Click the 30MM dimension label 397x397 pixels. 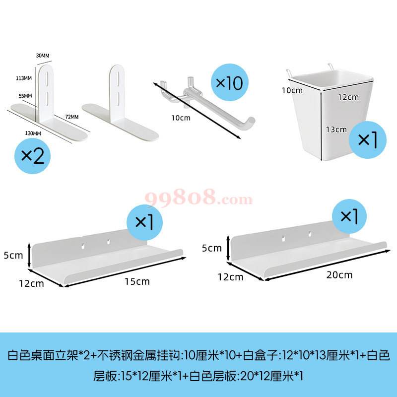coord(43,56)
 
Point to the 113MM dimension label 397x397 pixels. coord(24,78)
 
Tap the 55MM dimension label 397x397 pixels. coord(25,96)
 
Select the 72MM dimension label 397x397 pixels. coord(72,117)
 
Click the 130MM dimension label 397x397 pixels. coord(33,133)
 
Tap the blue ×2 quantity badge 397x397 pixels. coord(32,156)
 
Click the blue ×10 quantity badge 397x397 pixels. coord(230,82)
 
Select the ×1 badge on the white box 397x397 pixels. coord(368,140)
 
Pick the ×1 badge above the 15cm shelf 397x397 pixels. coord(144,222)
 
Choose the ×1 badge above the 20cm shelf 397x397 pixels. coord(349,216)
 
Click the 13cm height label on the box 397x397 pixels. coord(336,130)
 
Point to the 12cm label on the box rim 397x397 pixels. coord(348,97)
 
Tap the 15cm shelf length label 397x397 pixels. coord(137,281)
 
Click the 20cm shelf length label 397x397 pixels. coord(339,275)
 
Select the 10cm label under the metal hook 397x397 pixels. coord(181,118)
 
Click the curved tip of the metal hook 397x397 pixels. coord(250,121)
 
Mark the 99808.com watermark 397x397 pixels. coord(198,198)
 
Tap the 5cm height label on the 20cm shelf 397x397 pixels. coord(212,248)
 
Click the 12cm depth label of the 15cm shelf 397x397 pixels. coord(31,283)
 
